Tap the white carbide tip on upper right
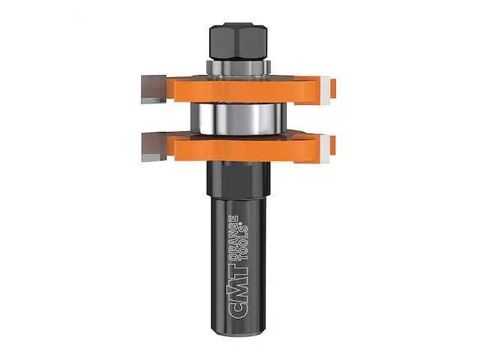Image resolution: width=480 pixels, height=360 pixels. pos(325,90)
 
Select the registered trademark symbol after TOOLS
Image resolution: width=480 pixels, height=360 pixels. pos(247,216)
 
